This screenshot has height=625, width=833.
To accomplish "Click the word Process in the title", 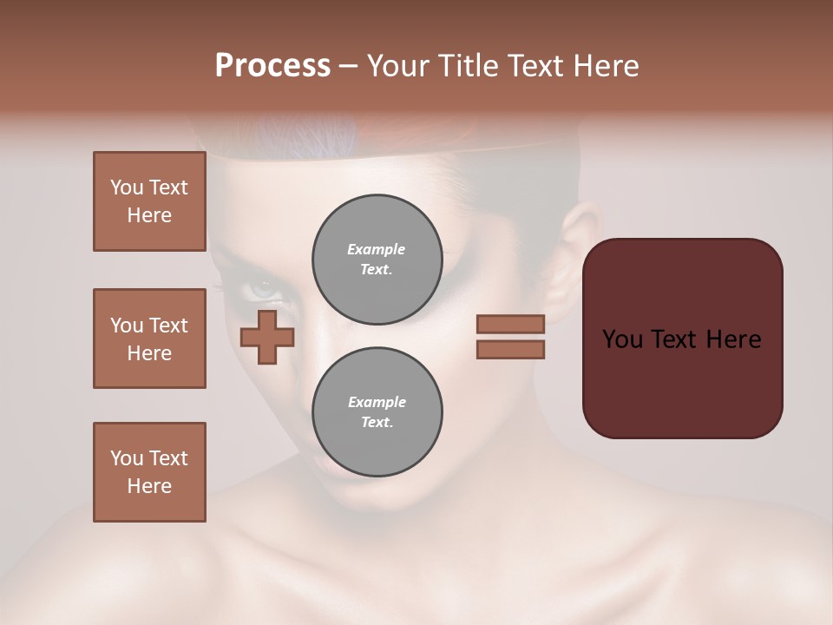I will [272, 66].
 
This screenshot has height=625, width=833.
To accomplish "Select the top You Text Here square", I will [149, 201].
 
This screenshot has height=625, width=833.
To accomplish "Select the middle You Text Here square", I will [149, 339].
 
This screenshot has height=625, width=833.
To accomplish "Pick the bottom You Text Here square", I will [149, 472].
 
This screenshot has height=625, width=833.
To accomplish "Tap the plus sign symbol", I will [267, 337].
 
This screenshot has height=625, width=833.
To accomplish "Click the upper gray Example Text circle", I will [377, 259].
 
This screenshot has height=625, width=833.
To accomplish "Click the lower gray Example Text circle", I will [377, 411].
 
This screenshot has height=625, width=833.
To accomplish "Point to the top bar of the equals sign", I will [510, 324].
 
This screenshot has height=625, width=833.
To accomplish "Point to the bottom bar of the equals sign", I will [510, 349].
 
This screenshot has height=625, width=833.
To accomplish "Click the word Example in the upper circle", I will [377, 249].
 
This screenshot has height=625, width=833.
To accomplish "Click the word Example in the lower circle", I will [377, 402].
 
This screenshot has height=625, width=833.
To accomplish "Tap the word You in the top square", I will [127, 187].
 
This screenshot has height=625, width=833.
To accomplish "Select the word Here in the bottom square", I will [149, 486].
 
